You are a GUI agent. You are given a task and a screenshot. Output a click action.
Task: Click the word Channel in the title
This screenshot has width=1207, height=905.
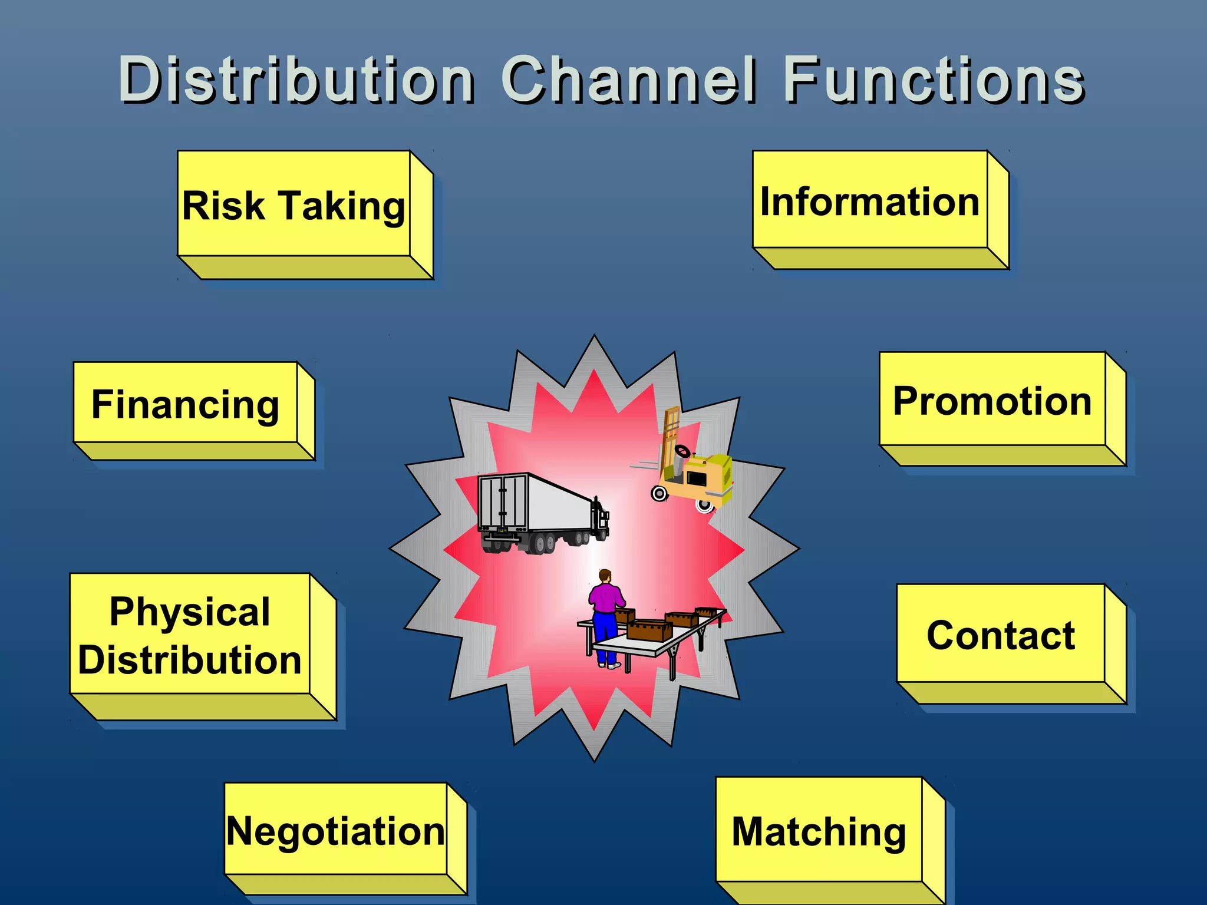[629, 80]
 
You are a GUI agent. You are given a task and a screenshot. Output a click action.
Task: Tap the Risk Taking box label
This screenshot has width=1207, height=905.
[293, 206]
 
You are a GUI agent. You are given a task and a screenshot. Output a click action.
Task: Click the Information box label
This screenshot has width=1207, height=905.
[870, 202]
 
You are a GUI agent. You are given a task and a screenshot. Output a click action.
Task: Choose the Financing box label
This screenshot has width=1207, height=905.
[185, 405]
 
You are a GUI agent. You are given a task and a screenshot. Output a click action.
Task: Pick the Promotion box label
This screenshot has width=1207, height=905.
[992, 401]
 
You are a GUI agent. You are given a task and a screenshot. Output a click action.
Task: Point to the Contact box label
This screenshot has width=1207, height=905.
[1001, 635]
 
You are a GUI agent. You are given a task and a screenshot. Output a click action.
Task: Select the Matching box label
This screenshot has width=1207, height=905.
[819, 832]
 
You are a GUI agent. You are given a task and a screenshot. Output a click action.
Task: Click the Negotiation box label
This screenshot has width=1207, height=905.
[336, 831]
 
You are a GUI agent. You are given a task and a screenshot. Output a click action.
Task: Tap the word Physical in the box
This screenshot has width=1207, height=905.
[190, 612]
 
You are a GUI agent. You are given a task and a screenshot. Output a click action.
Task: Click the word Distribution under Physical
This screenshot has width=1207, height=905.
[190, 659]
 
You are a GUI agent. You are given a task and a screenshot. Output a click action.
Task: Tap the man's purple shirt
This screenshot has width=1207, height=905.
[605, 597]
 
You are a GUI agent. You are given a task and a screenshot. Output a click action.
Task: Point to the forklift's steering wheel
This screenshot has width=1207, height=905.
[683, 451]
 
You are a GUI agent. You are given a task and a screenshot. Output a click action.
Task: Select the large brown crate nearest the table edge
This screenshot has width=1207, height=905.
[649, 630]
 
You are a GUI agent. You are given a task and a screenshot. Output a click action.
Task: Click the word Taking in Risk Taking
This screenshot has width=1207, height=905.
[342, 207]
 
